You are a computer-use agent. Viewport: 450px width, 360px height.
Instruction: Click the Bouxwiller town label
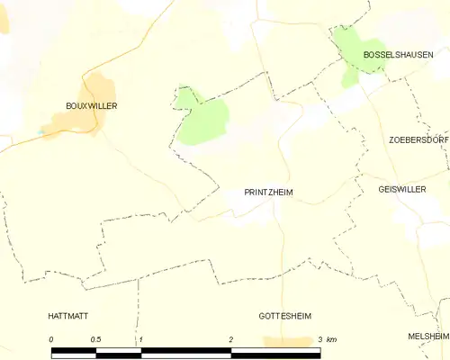tap(92, 105)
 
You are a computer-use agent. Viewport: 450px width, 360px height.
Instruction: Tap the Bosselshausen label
tap(392, 55)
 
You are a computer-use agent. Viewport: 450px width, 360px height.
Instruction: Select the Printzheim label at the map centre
tap(269, 193)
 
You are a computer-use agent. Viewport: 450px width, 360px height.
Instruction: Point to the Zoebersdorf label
tap(418, 140)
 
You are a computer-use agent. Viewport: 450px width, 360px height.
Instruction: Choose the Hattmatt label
tap(73, 316)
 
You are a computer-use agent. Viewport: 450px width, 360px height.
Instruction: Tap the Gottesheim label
tap(284, 316)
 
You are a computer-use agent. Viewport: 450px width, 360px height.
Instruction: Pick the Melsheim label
tap(427, 336)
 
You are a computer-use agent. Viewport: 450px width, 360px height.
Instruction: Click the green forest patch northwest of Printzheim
tap(203, 119)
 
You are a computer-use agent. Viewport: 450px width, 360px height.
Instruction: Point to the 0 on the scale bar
tap(52, 338)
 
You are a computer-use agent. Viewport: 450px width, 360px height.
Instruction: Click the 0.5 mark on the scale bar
tap(96, 338)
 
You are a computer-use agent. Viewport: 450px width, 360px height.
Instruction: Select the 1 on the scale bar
tap(141, 338)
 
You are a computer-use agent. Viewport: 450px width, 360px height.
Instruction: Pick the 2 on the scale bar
tap(231, 338)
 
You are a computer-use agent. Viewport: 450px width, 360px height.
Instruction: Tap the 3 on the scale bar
tap(320, 338)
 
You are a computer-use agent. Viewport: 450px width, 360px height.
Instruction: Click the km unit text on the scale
tap(332, 338)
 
